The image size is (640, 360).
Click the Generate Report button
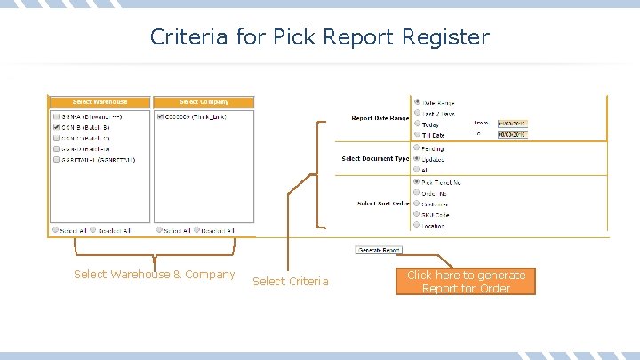point(379,251)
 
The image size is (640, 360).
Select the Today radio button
point(417,124)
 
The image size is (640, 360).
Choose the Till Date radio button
point(417,135)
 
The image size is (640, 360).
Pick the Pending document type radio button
point(417,148)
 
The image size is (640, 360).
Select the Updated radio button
point(417,159)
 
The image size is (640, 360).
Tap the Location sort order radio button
point(417,225)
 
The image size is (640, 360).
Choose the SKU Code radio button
point(417,214)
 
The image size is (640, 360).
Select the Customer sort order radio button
point(417,204)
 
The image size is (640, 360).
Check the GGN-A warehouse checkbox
point(57,116)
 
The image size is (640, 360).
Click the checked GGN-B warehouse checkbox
point(57,127)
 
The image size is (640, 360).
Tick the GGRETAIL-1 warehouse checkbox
point(57,160)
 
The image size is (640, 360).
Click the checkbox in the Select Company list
point(159,116)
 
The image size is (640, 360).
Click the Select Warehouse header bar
point(100,102)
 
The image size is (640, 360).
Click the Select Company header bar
point(204,102)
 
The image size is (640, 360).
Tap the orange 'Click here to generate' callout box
point(466,282)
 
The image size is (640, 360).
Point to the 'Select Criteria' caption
point(290,282)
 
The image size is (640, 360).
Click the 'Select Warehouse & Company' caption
point(155,275)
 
